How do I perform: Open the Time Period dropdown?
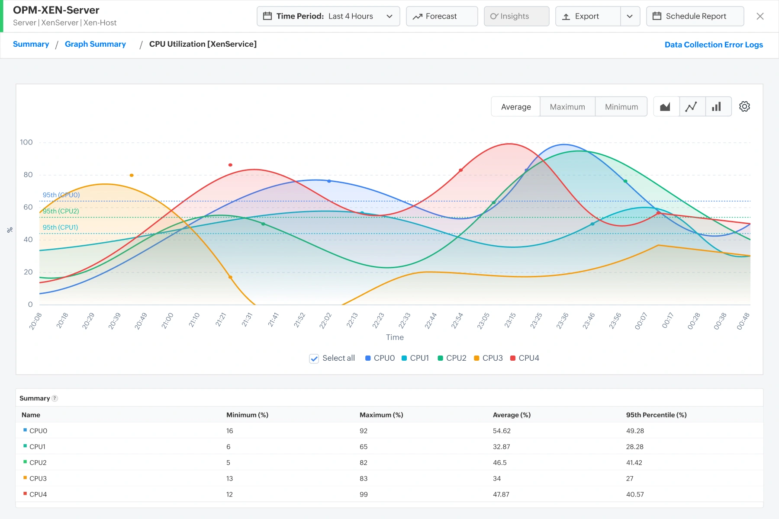coord(328,16)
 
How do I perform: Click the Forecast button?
coord(441,16)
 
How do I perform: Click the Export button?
coord(588,16)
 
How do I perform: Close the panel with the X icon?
coord(760,16)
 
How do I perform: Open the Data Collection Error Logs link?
coord(714,45)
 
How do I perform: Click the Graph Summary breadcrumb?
coord(95,44)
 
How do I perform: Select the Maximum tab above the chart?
coord(567,107)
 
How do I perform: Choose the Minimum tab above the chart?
coord(621,107)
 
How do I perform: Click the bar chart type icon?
coord(717,106)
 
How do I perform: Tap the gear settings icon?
coord(744,106)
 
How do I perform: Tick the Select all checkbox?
coord(314,359)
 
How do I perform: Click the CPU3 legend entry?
coord(488,358)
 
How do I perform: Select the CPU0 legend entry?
coord(380,358)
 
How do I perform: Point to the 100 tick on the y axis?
coord(26,142)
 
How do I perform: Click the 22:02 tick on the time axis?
coord(325,321)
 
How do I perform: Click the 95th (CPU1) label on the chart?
coord(60,227)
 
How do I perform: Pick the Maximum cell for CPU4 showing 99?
coord(364,494)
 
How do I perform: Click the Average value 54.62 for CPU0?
coord(502,431)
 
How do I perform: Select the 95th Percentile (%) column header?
coord(657,415)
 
